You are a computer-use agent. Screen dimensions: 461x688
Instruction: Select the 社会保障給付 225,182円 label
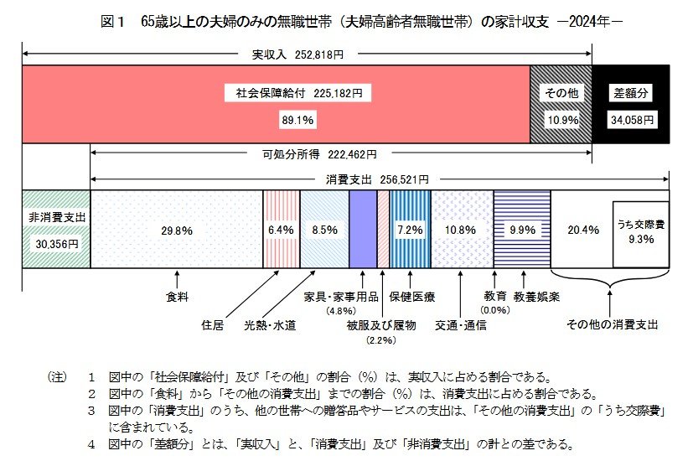[298, 93]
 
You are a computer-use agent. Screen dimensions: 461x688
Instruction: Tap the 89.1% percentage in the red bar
[297, 121]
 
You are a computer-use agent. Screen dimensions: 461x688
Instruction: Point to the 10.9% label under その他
[560, 121]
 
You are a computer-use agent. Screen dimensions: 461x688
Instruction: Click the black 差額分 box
[631, 93]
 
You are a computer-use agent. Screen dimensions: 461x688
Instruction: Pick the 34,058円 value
[631, 121]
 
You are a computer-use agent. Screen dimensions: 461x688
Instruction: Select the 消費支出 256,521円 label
[376, 179]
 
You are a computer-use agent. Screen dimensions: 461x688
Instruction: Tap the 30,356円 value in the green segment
[55, 243]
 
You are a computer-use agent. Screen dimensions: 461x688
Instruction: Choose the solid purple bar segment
[362, 229]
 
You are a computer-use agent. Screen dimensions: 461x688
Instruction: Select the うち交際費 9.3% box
[641, 230]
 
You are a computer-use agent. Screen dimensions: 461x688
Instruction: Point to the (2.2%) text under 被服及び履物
[380, 339]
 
